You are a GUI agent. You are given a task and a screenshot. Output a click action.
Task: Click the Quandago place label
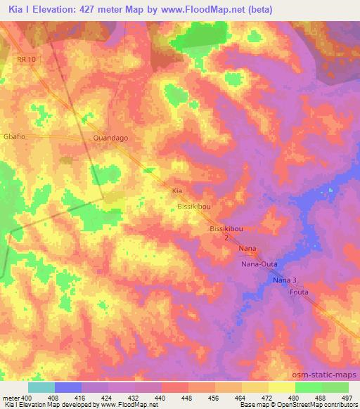[x=110, y=138]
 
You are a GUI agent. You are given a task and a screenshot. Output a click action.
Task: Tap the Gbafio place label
[x=15, y=138]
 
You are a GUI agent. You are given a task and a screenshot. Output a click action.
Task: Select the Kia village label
[x=178, y=190]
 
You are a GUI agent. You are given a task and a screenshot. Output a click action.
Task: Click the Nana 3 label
[x=285, y=280]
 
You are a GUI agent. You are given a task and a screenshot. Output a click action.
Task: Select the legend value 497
[x=347, y=397]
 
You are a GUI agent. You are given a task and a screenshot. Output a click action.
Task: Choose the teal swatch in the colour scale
[x=41, y=387]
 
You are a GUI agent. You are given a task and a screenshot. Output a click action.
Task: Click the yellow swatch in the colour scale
[x=282, y=387]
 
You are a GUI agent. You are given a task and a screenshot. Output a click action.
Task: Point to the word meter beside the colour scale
[x=12, y=397]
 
